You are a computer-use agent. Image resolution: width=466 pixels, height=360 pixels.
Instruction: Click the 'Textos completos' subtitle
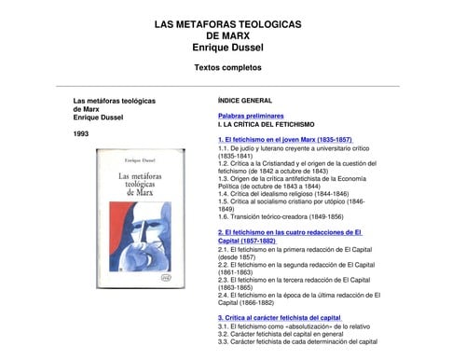click(227, 67)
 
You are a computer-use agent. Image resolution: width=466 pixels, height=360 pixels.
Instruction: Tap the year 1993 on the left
click(83, 133)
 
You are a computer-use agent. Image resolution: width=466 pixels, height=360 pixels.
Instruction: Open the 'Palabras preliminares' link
click(251, 115)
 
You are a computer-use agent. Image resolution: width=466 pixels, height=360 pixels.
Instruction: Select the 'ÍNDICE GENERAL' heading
click(244, 99)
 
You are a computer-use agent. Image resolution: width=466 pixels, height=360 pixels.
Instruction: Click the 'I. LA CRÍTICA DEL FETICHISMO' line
click(267, 123)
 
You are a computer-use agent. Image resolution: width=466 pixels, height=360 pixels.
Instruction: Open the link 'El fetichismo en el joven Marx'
click(284, 139)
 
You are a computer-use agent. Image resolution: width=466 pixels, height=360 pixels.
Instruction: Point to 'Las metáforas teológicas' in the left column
click(113, 99)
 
